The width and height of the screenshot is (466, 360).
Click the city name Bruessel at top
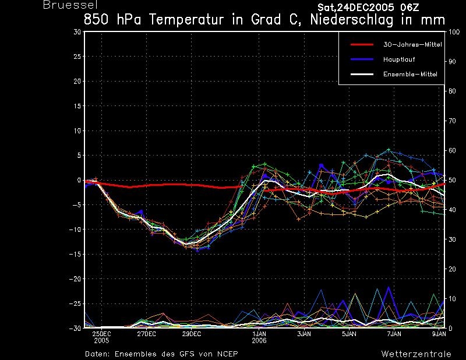point(70,5)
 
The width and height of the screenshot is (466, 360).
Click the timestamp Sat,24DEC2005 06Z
point(368,8)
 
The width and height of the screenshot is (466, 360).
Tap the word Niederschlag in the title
point(352,20)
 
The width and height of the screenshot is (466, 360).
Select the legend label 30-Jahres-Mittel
point(412,45)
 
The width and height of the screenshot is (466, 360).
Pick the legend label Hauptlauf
point(399,59)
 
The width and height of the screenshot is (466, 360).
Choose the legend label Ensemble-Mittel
point(410,75)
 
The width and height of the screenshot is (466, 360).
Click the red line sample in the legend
point(362,45)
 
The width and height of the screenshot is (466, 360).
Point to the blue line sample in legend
point(362,59)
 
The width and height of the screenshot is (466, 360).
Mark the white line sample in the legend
point(362,75)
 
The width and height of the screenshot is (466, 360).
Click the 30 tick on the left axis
point(77,32)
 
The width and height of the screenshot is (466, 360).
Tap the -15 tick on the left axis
point(75,254)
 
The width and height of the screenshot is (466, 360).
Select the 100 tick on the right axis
point(454,32)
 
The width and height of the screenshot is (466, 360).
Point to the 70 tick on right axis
point(452,121)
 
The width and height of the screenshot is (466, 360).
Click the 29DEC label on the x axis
point(192,334)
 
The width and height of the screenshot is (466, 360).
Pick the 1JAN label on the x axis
point(259,334)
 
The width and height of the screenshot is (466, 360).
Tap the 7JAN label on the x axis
point(394,334)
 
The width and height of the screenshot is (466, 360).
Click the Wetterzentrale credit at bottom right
point(416,354)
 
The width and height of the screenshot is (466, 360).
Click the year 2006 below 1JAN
point(259,341)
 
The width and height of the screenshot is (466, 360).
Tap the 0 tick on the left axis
point(79,180)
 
